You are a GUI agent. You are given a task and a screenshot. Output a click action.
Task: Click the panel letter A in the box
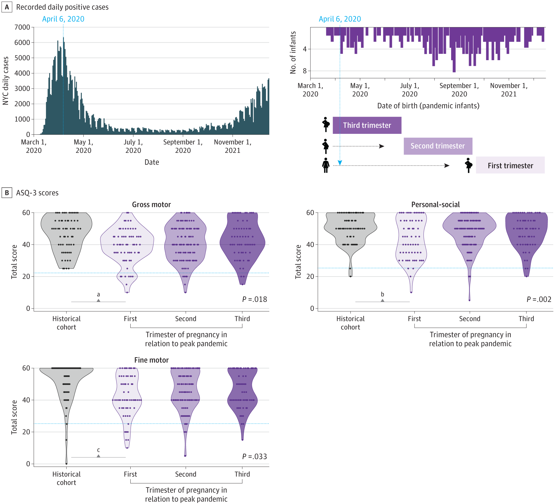(7, 7)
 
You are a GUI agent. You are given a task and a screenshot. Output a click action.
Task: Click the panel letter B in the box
(7, 193)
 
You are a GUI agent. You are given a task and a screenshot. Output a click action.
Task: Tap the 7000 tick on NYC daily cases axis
(22, 27)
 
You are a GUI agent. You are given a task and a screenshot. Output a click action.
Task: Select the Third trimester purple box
(367, 125)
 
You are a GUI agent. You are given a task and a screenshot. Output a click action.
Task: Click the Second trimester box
(438, 146)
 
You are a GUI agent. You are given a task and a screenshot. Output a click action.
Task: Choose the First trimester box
(510, 166)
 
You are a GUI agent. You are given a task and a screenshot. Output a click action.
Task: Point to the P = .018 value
(255, 299)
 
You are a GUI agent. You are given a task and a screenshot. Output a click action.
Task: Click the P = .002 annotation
(539, 299)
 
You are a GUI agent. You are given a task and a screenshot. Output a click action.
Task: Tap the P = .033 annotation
(255, 457)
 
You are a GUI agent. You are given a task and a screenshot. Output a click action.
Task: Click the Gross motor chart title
(151, 205)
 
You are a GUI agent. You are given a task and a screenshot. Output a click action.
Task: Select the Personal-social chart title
(435, 205)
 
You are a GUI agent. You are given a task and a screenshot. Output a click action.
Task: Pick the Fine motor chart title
(151, 360)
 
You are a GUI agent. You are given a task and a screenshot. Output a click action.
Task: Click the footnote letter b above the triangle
(382, 294)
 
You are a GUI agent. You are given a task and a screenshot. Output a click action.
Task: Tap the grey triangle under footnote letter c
(98, 456)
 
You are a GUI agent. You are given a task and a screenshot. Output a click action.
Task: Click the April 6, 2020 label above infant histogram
(340, 19)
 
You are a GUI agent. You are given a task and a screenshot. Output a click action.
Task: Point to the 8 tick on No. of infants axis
(305, 71)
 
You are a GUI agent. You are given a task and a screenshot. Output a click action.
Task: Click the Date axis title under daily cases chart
(152, 162)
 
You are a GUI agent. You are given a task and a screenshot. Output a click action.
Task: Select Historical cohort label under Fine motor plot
(66, 478)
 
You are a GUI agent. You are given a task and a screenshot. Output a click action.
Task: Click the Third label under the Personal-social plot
(526, 319)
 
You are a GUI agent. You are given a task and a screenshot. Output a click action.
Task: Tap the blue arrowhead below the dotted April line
(340, 163)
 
